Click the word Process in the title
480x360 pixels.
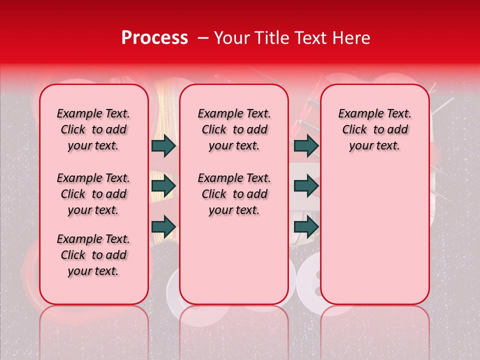pos(154,38)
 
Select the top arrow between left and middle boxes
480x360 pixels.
pos(163,145)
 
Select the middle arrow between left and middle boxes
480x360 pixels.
pos(163,186)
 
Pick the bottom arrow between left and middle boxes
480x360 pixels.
pos(163,226)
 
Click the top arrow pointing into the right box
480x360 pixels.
pos(306,145)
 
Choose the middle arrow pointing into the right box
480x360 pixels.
pos(306,186)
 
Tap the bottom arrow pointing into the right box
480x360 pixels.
pos(306,226)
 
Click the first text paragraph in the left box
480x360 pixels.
pos(93,129)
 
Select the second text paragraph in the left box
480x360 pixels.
pos(93,194)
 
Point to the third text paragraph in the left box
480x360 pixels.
pos(93,255)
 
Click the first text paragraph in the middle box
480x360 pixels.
pos(234,129)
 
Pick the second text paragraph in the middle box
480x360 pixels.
pos(234,194)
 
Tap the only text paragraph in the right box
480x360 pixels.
pos(374,129)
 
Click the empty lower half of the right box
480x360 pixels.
pos(374,240)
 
